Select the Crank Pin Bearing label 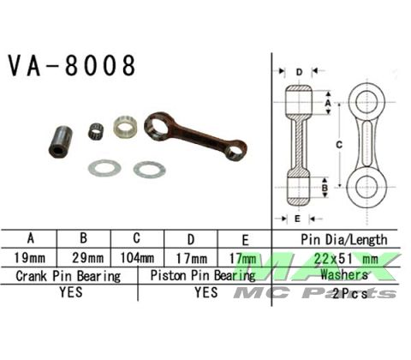coord(68,276)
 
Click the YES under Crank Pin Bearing coord(68,292)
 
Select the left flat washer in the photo coord(104,167)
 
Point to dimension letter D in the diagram coord(299,73)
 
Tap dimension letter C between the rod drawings coord(340,144)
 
